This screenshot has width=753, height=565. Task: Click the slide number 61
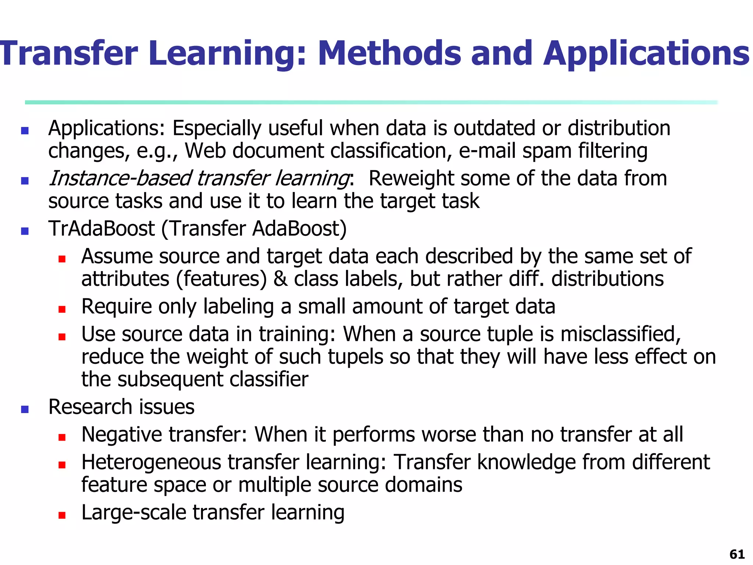click(737, 554)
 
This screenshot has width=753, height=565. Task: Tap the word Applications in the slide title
click(646, 54)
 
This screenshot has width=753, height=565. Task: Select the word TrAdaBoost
click(101, 228)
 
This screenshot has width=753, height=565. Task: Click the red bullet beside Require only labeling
click(62, 309)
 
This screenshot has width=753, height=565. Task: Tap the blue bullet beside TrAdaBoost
click(25, 231)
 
